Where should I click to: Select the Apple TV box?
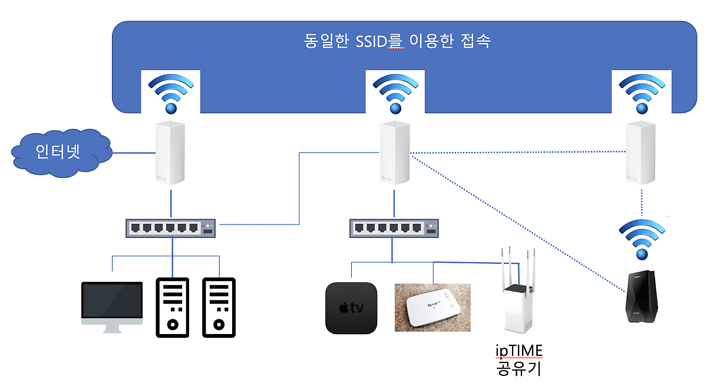point(351,308)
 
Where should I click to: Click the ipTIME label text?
point(518,352)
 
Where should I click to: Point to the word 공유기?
point(518,369)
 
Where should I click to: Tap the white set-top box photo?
point(432,307)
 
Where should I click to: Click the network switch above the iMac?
point(171,229)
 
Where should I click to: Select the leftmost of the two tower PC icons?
point(172,307)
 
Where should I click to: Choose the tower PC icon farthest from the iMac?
point(219,307)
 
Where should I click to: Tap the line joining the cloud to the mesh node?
point(133,154)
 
